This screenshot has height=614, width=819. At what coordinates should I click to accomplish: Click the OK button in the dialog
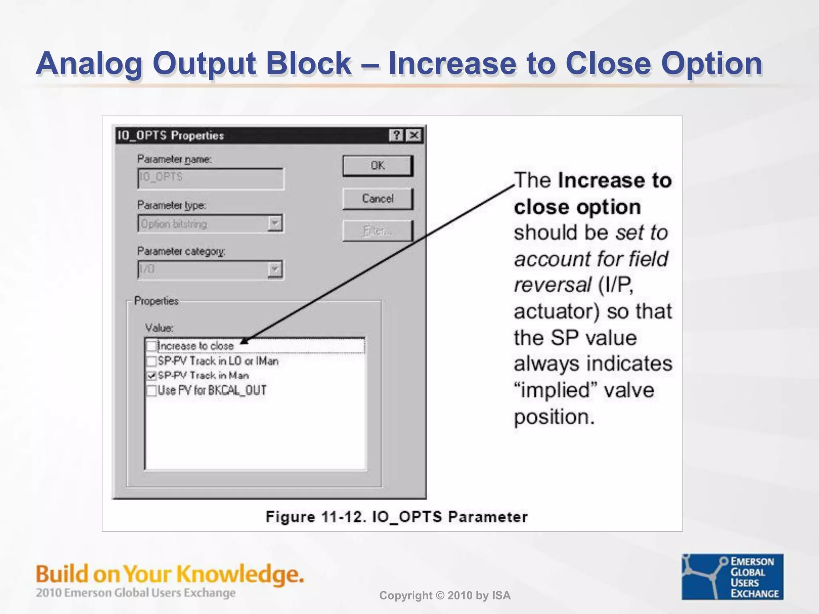click(x=378, y=165)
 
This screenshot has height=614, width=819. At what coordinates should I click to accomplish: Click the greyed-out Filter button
click(x=378, y=231)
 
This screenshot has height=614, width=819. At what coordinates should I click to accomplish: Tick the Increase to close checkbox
click(x=152, y=346)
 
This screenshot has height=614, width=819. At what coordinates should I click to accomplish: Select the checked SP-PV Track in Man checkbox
click(x=152, y=376)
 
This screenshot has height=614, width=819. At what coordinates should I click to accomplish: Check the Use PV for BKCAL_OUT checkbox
click(x=152, y=391)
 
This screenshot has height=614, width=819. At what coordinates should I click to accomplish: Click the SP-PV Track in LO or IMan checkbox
click(x=152, y=361)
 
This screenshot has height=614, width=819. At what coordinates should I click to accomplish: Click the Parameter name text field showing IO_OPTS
click(x=210, y=178)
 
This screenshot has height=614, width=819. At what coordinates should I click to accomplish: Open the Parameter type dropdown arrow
click(x=275, y=223)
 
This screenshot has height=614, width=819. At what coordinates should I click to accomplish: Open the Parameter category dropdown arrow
click(x=275, y=269)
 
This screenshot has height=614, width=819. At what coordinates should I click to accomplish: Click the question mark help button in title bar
click(x=396, y=135)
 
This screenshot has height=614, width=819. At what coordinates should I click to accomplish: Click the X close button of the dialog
click(x=414, y=135)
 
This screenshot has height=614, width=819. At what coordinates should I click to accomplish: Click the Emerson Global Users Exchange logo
click(x=732, y=576)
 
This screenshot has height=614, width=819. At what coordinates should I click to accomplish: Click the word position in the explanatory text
click(x=553, y=417)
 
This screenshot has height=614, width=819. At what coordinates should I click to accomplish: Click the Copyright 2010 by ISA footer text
click(x=445, y=596)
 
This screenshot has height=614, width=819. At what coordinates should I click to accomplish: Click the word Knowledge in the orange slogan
click(x=240, y=574)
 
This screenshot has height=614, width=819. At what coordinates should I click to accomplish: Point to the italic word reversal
click(x=552, y=285)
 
